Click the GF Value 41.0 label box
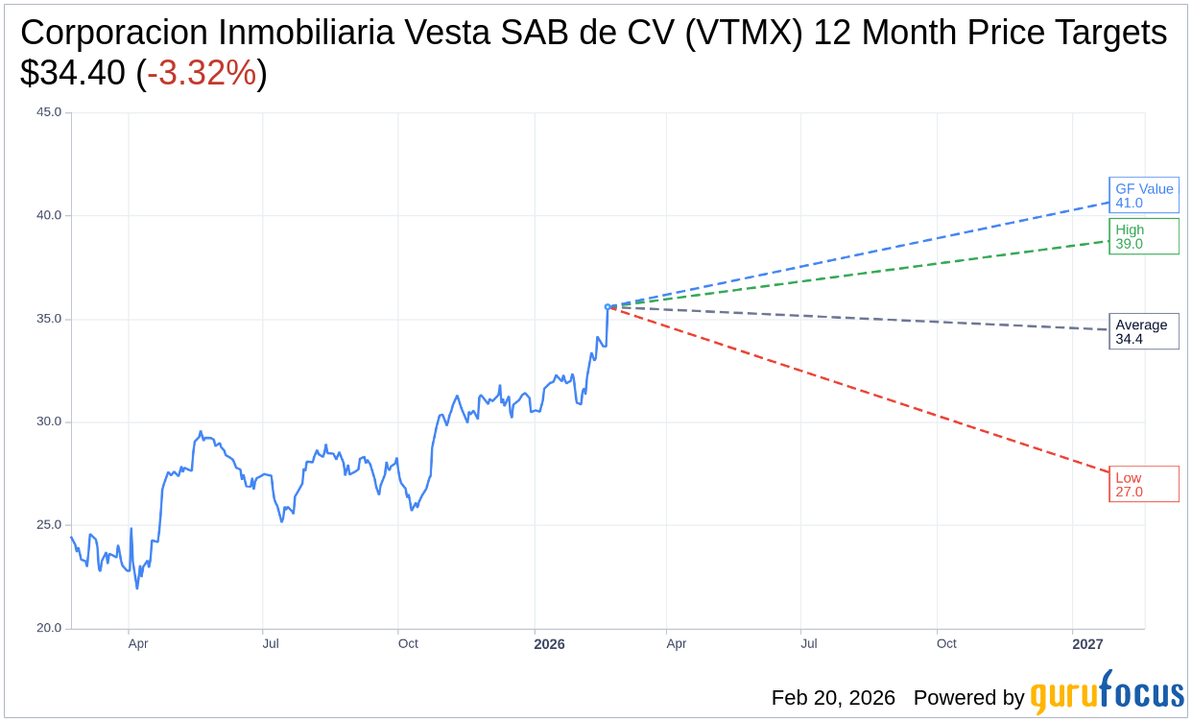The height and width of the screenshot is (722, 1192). [1143, 195]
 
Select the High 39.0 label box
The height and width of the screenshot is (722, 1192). [1143, 236]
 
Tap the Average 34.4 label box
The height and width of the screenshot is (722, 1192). [1143, 331]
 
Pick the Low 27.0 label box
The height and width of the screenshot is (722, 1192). [1143, 484]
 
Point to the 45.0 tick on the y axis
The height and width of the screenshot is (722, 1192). [49, 112]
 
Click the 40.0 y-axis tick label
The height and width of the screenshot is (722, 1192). [49, 215]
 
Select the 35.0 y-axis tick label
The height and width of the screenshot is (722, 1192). [49, 319]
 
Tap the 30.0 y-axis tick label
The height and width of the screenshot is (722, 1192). [49, 421]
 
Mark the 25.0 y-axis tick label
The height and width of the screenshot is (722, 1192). [49, 525]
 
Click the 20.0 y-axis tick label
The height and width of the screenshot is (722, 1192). [49, 628]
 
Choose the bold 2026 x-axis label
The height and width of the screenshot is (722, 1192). [549, 644]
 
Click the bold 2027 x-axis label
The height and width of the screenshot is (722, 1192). [1087, 644]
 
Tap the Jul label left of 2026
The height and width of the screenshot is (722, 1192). [271, 644]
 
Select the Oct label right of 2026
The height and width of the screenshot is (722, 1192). [946, 644]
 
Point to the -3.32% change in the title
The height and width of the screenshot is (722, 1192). [202, 73]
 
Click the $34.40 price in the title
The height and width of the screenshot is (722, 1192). [73, 73]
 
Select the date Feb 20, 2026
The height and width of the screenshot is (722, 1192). [833, 698]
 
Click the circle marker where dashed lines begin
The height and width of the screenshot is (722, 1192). [608, 307]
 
